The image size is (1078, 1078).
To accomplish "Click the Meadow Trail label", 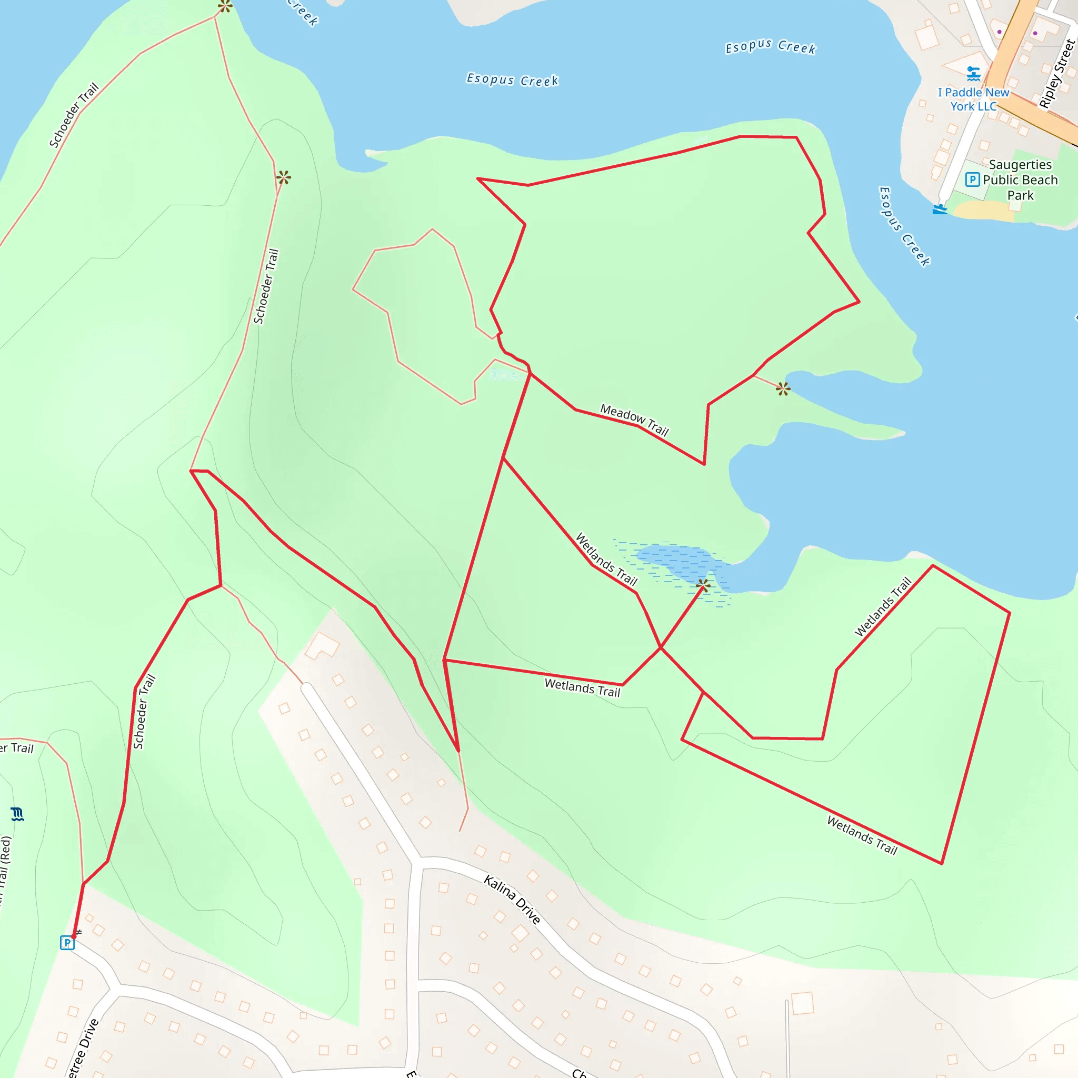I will (634, 420).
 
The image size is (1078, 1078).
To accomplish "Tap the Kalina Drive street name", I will (512, 900).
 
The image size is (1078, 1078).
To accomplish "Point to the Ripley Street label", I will (1056, 74).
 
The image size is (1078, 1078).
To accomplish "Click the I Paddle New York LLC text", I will (974, 99).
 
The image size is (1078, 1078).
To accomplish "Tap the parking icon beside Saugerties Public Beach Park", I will (973, 179).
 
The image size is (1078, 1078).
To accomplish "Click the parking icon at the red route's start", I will (67, 943).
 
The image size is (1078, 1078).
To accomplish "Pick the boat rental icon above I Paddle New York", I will (974, 73).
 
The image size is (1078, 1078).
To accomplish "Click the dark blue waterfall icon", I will (17, 815).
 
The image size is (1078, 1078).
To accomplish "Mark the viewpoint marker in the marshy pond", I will (704, 585).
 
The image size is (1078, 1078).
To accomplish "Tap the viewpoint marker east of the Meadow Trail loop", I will (783, 389).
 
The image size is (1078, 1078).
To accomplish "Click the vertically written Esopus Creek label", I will (904, 226).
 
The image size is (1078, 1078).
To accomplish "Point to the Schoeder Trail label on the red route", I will (144, 712).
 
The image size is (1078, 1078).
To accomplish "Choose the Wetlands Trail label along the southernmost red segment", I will (862, 836).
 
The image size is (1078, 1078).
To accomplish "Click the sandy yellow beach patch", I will (982, 211).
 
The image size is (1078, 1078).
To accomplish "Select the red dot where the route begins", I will (74, 937).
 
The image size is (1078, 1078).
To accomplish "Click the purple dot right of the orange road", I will (1035, 34).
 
